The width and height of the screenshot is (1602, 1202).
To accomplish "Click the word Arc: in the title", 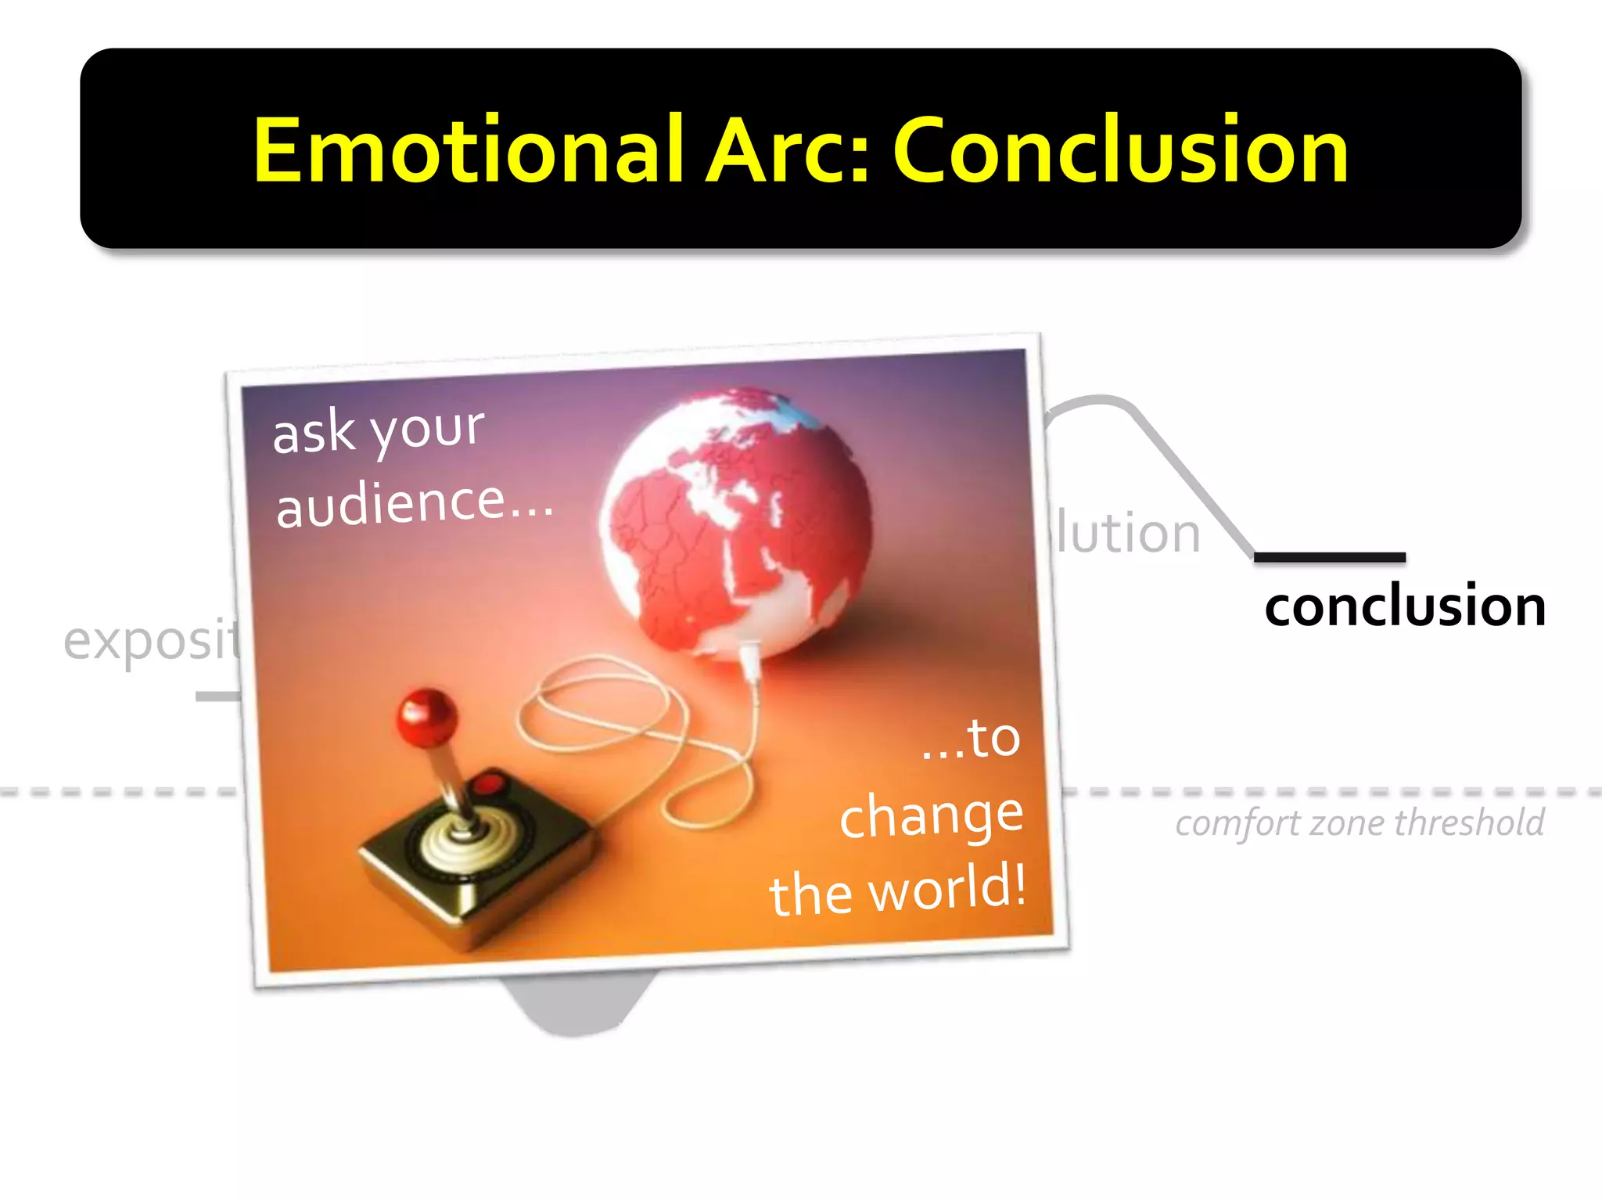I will tap(788, 150).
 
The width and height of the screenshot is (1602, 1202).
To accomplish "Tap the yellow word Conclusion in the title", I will tap(1120, 150).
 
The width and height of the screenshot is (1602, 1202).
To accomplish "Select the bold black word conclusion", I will tap(1405, 606).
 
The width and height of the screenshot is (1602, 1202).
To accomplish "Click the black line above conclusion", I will tap(1330, 557).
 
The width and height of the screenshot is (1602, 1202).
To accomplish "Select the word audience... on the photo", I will tap(415, 503).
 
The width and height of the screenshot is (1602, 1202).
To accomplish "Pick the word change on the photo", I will tap(931, 815).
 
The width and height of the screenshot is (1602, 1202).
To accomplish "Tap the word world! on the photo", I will tap(946, 888).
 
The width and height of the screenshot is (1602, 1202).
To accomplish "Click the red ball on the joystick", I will tap(426, 716).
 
